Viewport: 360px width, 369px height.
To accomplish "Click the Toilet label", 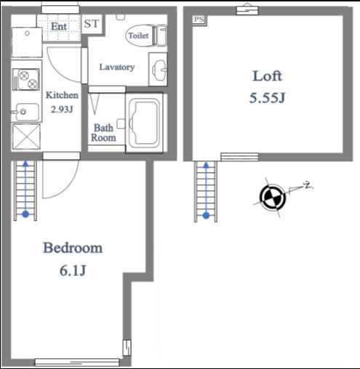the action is click(x=138, y=36).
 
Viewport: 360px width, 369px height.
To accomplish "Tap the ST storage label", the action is click(x=92, y=24).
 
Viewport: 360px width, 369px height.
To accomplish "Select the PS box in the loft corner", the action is click(x=199, y=20).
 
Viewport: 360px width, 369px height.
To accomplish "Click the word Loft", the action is click(x=267, y=76).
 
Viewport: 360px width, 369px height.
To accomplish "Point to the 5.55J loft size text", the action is click(x=267, y=98).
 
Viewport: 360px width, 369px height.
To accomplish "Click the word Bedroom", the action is click(x=73, y=248).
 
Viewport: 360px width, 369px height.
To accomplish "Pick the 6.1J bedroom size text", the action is click(x=73, y=270).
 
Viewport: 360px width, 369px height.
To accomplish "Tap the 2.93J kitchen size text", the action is click(x=62, y=110).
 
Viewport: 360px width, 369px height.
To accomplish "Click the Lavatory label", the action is click(x=117, y=67).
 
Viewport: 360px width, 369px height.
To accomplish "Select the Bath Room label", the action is click(x=103, y=133).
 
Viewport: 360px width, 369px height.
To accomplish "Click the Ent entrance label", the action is click(x=59, y=26).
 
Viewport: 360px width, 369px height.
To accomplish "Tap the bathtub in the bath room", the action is click(x=144, y=123).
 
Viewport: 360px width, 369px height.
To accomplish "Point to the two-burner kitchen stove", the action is click(x=26, y=79).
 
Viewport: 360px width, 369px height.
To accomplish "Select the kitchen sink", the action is click(x=27, y=112).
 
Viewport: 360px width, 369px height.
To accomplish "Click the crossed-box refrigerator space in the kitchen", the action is click(x=26, y=137).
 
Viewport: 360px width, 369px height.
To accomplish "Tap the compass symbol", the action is click(x=273, y=197).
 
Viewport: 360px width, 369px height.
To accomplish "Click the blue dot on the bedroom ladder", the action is click(x=25, y=214).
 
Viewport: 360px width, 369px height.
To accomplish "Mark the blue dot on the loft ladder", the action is click(x=206, y=215).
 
